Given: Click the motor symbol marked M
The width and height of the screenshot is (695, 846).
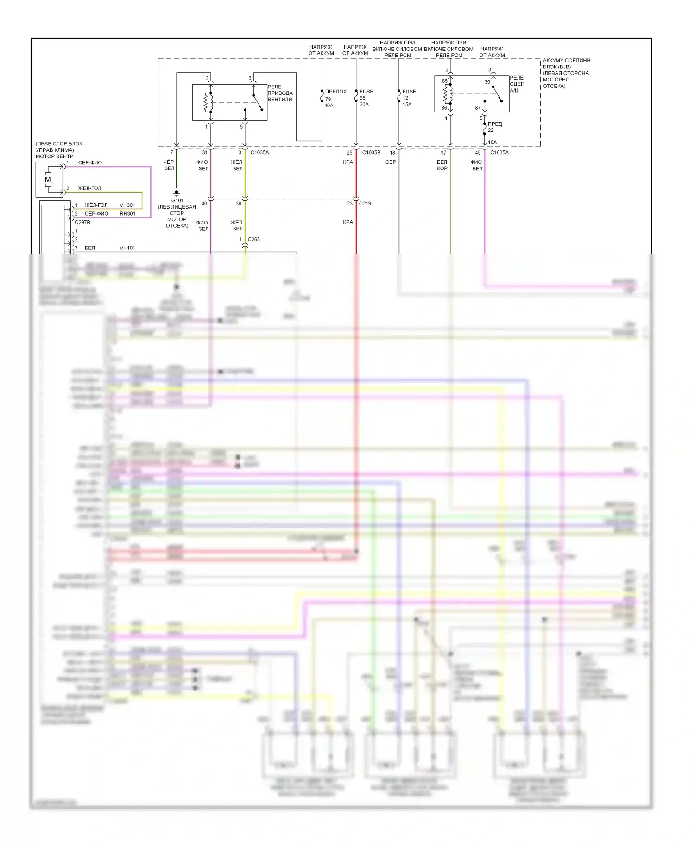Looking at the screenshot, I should (48, 180).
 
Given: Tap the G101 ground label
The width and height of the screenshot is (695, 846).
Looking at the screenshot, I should (177, 201).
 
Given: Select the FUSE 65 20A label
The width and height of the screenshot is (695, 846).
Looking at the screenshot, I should (366, 98).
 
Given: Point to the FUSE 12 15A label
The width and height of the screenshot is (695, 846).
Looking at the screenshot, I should (409, 98).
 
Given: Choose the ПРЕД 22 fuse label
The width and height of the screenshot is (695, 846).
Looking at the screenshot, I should (494, 127).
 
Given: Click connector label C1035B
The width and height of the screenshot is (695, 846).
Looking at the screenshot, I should (371, 152).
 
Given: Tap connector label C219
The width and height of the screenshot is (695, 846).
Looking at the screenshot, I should (365, 203).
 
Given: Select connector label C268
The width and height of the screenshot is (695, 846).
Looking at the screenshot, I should (254, 239).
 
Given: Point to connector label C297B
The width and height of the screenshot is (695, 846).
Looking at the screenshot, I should (82, 222).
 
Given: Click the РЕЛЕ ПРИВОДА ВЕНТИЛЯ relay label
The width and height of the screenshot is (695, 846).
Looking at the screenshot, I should (280, 93).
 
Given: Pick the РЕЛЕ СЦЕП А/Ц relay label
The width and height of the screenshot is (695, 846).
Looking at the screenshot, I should (517, 84).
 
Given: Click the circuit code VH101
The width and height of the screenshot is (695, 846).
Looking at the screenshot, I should (127, 248).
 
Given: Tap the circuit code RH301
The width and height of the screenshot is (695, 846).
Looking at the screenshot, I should (127, 214).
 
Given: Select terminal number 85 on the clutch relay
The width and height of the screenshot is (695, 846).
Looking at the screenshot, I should (445, 81).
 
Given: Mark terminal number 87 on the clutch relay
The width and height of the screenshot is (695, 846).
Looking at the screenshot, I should (478, 108).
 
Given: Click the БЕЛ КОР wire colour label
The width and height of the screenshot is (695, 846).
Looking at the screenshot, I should (442, 165).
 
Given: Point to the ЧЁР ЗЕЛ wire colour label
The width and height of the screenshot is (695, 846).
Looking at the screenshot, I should (169, 165).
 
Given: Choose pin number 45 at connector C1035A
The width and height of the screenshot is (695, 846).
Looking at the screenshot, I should (478, 153).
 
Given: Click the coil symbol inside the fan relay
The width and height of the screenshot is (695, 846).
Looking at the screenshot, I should (208, 102).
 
